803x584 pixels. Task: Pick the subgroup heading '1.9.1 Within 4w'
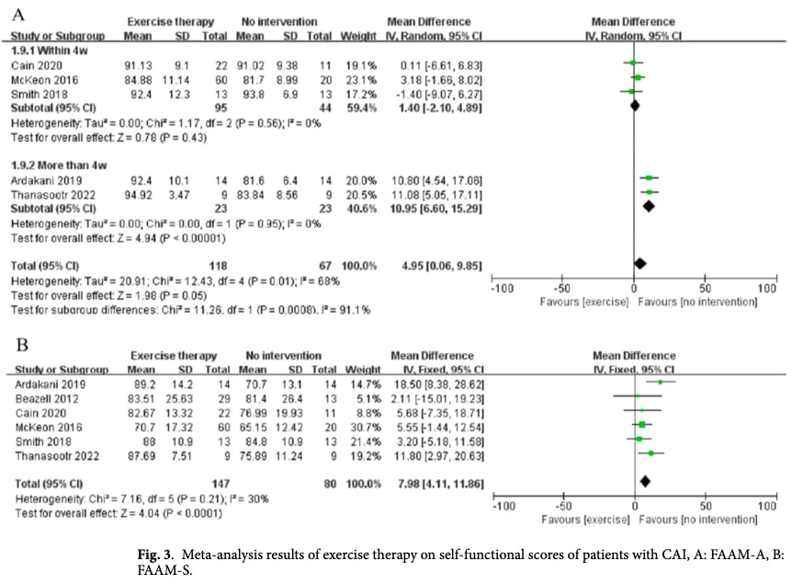45,51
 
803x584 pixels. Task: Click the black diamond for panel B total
645,481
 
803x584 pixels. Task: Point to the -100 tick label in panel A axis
501,288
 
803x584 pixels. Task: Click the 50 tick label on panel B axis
705,506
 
